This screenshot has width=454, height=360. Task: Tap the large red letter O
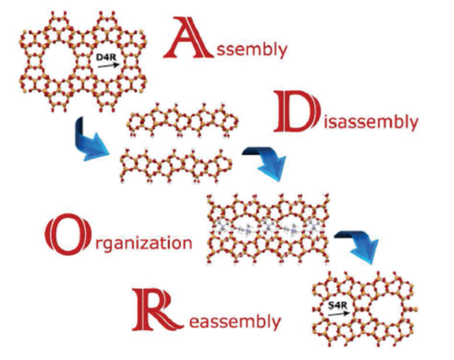69,234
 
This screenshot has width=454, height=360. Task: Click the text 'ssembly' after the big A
250,49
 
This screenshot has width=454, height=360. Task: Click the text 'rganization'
143,243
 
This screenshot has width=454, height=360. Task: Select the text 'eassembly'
234,320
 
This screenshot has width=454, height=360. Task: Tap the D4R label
106,58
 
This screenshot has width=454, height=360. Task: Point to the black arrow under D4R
109,65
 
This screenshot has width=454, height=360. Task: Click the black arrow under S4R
341,313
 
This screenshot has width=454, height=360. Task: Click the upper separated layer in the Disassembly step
182,120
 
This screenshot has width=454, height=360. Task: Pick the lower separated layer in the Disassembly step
176,165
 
